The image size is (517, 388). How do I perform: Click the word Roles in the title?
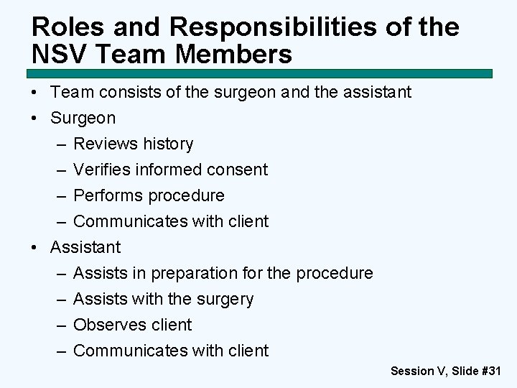[x=63, y=27]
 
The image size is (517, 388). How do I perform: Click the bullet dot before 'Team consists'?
[x=35, y=93]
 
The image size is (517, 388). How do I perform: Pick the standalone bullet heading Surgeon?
[x=83, y=118]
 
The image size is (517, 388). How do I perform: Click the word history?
[x=168, y=144]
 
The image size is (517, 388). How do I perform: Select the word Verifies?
[x=100, y=170]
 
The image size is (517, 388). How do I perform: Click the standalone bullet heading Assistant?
[x=85, y=247]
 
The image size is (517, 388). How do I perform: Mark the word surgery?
[x=225, y=299]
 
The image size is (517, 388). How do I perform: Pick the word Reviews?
[x=105, y=144]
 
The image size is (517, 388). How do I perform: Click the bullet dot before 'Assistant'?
[x=35, y=247]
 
